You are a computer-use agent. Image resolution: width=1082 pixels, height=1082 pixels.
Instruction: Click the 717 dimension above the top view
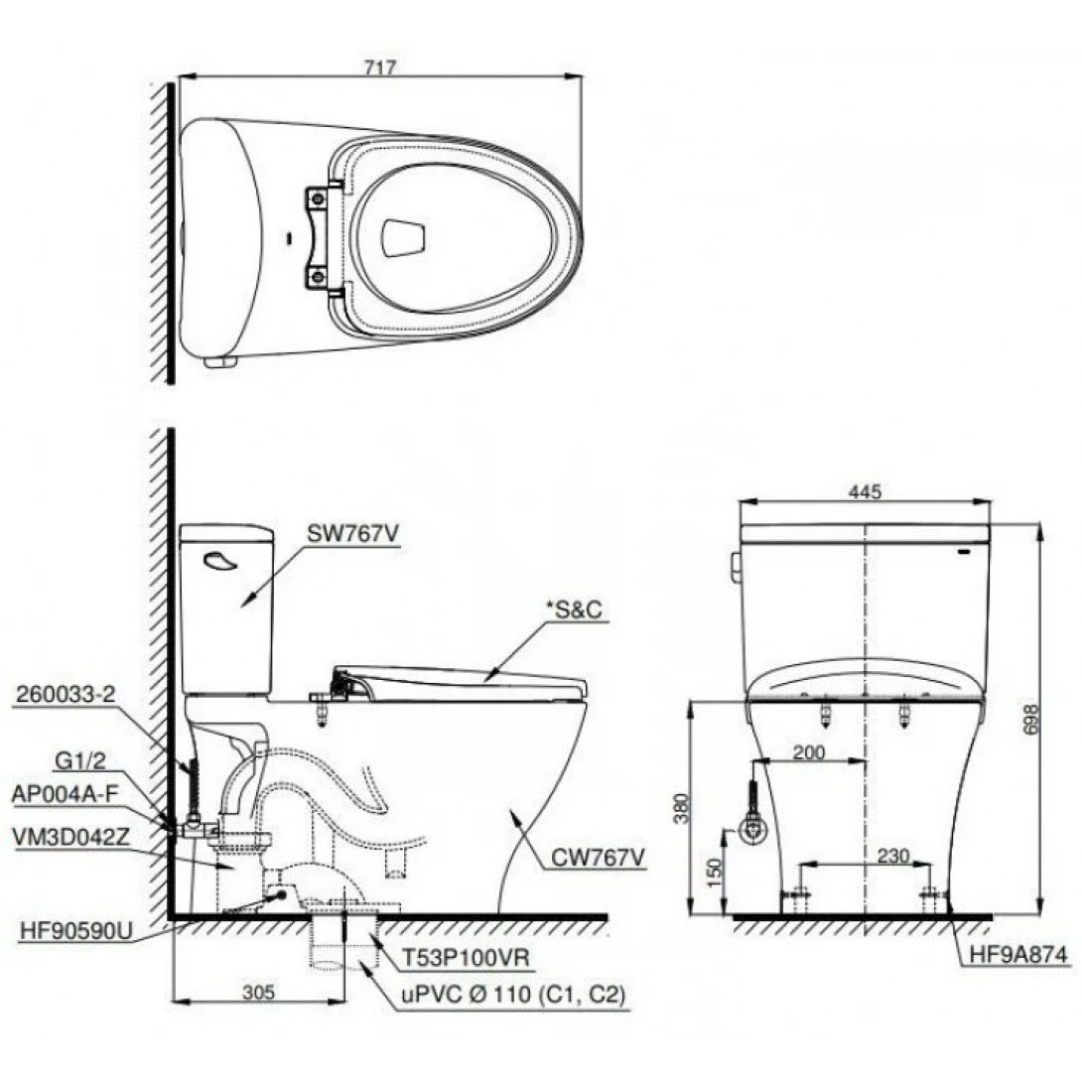[x=380, y=68]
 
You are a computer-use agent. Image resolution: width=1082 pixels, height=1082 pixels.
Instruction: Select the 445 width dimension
[x=866, y=491]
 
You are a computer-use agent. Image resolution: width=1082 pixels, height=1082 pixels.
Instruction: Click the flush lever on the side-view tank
[x=220, y=564]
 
